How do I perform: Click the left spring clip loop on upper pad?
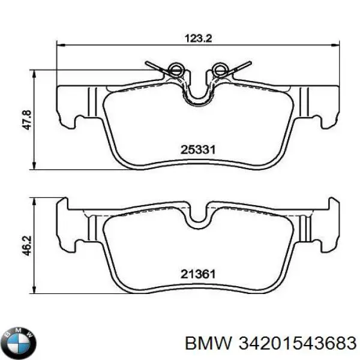(x=175, y=70)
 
